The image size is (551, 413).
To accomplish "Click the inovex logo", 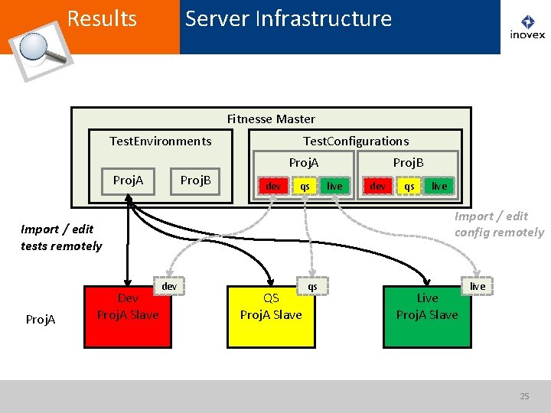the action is pos(527,27).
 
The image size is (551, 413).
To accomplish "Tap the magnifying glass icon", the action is pos(41,51).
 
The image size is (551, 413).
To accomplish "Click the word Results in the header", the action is pos(102,18).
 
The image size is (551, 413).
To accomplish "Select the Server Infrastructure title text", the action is pos(289,18).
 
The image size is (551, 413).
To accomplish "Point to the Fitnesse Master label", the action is pos(271,119).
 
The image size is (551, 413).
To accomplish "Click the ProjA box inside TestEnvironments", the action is pos(129,181).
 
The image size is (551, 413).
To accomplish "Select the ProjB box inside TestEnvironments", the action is pos(195,181).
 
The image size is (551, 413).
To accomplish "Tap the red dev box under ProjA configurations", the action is pos(273,186).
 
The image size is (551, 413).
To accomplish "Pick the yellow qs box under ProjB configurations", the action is pos(409,186).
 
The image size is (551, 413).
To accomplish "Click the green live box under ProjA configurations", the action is pos(334,186).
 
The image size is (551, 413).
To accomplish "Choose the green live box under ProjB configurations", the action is pos(439,186).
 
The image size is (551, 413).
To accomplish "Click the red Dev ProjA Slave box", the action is pos(128,317).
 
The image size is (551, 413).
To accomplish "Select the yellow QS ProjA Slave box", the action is pos(271,317).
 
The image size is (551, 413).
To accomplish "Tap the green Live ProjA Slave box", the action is pos(427,317).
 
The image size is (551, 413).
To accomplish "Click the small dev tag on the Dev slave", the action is pos(169,286).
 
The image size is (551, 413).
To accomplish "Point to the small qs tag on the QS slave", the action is pos(312,286).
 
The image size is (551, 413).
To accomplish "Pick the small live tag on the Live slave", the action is pos(478,286).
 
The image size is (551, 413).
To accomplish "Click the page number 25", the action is pos(524,396).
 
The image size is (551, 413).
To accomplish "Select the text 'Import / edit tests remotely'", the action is pos(61,238).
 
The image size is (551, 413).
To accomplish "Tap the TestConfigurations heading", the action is pos(356,141).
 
